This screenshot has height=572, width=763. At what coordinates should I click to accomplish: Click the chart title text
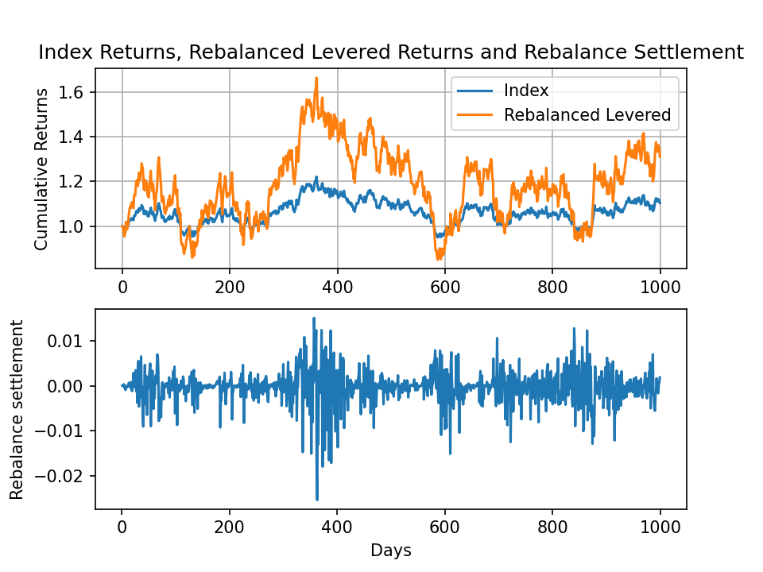pos(391,52)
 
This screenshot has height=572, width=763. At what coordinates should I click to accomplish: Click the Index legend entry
pos(525,90)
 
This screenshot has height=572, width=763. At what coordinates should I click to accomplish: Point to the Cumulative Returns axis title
pos(41,168)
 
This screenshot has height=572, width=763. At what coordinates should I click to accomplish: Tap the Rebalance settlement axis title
pos(17,409)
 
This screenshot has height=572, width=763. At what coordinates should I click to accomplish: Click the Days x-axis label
pos(391,550)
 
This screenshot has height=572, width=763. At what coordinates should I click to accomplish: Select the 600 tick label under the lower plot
pos(445,527)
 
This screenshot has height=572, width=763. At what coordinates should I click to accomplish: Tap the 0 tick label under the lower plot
pos(122,527)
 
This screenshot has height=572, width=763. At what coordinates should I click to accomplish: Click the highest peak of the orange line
pos(316,78)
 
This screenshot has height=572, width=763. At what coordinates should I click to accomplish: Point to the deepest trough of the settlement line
pos(316,500)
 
